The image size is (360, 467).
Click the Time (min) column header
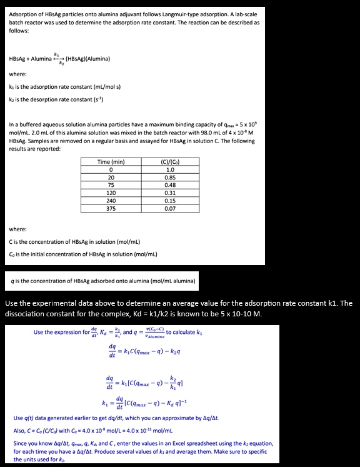pyautogui.click(x=111, y=162)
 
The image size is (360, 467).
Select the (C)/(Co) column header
pyautogui.click(x=169, y=162)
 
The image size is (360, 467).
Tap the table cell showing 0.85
pyautogui.click(x=169, y=177)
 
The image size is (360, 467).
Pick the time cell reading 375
pyautogui.click(x=111, y=208)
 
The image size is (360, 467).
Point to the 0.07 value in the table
pyautogui.click(x=169, y=208)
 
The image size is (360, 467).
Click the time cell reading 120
pyautogui.click(x=111, y=193)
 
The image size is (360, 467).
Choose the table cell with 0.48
pyautogui.click(x=169, y=184)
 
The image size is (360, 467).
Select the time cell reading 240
pyautogui.click(x=111, y=200)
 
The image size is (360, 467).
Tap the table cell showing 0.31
pyautogui.click(x=169, y=193)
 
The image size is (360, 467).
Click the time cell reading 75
pyautogui.click(x=111, y=184)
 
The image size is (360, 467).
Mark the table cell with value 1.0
pyautogui.click(x=169, y=169)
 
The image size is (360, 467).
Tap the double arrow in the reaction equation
pyautogui.click(x=61, y=59)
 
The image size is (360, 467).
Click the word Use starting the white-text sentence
pyautogui.click(x=12, y=303)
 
